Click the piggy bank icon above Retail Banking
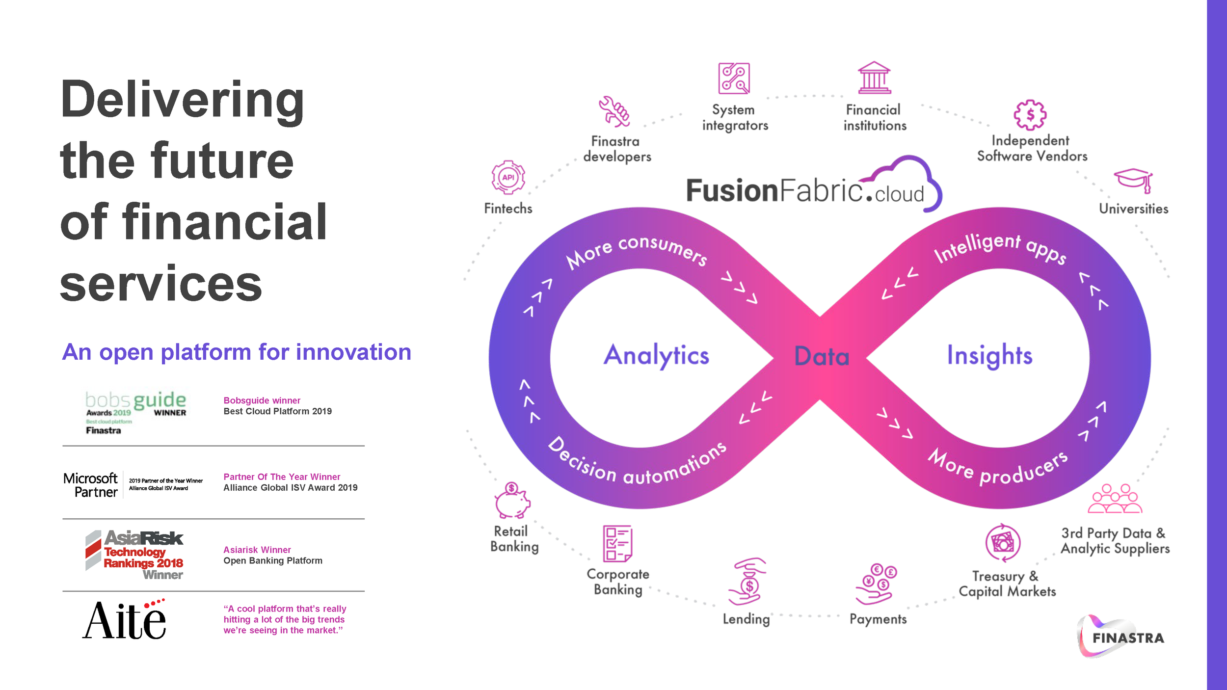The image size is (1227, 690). click(512, 501)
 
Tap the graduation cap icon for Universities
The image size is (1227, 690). click(1134, 180)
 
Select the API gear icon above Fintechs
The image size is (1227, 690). click(508, 177)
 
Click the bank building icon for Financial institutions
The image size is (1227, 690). click(874, 78)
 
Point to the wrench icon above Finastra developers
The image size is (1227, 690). click(613, 111)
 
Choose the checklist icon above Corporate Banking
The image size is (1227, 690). click(617, 543)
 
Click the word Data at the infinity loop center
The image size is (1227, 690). click(822, 356)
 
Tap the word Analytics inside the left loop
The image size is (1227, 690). click(656, 355)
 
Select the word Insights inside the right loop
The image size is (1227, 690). click(989, 355)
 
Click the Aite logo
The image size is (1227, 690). click(125, 619)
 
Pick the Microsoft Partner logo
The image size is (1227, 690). click(133, 484)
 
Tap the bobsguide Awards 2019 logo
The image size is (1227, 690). click(135, 412)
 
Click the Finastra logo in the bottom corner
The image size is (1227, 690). click(1121, 637)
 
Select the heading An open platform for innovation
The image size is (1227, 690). click(237, 352)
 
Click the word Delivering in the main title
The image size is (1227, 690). click(182, 100)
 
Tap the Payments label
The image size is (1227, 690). click(878, 619)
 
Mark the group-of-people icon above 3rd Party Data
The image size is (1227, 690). click(1115, 499)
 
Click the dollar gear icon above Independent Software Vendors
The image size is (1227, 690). click(1030, 115)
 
